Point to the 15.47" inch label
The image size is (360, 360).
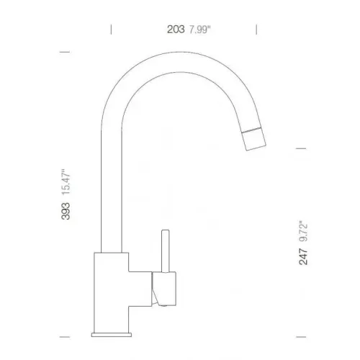pos(66,181)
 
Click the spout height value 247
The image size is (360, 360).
pos(305,255)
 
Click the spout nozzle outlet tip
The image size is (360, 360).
pos(256,146)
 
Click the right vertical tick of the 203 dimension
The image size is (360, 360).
pos(257,30)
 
